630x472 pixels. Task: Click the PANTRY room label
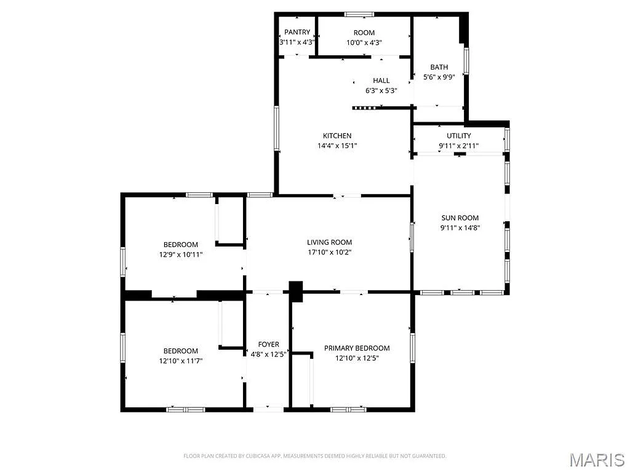[x=297, y=32]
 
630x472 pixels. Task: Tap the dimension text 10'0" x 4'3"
[x=364, y=42]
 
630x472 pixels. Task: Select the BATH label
[x=439, y=67]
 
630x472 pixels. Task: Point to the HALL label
[x=381, y=81]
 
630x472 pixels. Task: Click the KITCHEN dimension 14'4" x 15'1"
[x=337, y=146]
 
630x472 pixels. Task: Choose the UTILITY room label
[x=459, y=136]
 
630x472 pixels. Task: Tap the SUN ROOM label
[x=460, y=218]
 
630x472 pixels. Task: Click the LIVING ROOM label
[x=330, y=242]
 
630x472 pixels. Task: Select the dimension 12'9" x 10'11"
[x=181, y=254]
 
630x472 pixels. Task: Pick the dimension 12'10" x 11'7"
[x=181, y=361]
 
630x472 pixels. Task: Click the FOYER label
[x=268, y=344]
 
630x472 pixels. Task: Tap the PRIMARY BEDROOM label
[x=357, y=348]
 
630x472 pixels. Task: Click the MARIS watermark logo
[x=597, y=459]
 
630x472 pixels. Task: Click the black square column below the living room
[x=297, y=291]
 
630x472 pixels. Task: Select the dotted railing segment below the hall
[x=364, y=108]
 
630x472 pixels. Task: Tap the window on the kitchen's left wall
[x=277, y=128]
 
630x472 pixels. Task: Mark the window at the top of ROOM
[x=359, y=14]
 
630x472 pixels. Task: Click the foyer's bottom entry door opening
[x=268, y=408]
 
